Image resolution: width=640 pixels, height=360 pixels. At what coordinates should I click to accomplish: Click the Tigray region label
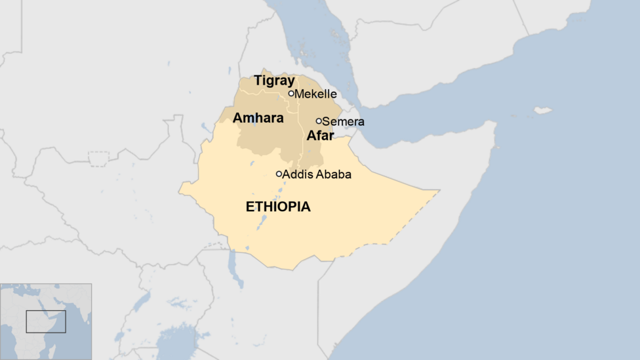click(x=274, y=81)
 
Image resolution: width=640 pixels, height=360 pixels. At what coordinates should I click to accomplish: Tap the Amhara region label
click(x=258, y=119)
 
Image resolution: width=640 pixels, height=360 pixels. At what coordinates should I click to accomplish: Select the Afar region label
click(x=320, y=136)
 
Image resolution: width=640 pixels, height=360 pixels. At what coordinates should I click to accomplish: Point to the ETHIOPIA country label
click(x=278, y=207)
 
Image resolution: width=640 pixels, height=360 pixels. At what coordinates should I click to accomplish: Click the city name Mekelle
click(x=315, y=94)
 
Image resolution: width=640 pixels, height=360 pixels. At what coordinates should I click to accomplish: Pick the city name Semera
click(x=343, y=121)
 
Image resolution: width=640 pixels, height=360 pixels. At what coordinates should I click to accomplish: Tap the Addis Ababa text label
click(x=317, y=174)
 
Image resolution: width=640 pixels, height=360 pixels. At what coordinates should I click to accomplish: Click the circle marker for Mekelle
click(x=291, y=93)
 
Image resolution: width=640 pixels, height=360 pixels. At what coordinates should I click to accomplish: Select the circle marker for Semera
click(x=319, y=121)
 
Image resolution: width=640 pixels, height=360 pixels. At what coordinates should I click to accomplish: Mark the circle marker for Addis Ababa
click(x=279, y=174)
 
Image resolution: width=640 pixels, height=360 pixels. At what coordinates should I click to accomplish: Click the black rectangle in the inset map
click(x=46, y=321)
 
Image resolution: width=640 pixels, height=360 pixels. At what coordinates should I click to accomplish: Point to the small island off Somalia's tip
click(x=543, y=110)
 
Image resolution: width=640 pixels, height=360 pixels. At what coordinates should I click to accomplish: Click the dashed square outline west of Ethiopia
click(x=98, y=159)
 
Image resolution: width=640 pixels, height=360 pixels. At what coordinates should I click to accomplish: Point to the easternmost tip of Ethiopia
click(x=439, y=191)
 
